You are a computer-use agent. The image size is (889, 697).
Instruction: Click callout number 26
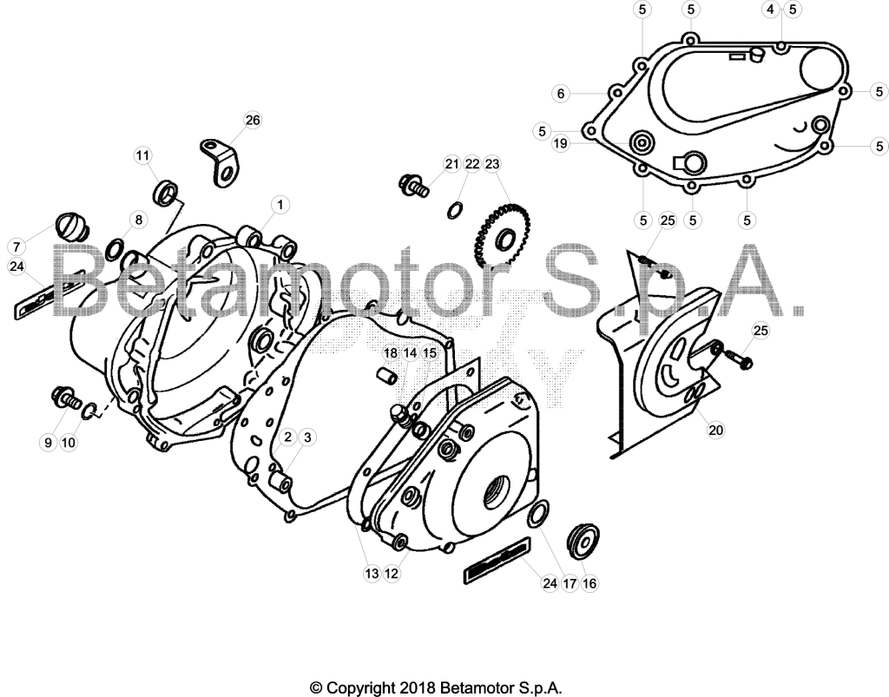click(253, 120)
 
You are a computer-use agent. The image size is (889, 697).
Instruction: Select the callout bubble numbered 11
click(143, 155)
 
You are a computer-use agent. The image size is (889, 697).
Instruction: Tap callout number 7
click(16, 247)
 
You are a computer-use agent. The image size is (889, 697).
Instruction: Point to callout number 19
click(560, 143)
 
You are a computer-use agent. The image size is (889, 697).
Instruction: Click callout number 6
click(562, 94)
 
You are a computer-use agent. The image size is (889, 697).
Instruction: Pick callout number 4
click(771, 9)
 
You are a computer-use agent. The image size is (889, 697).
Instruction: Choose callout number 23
click(492, 164)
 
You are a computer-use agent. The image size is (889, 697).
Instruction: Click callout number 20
click(716, 431)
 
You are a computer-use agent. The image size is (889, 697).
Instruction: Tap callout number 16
click(589, 583)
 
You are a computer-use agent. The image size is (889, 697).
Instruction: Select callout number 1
click(280, 205)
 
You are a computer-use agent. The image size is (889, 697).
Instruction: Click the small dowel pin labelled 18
click(386, 375)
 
